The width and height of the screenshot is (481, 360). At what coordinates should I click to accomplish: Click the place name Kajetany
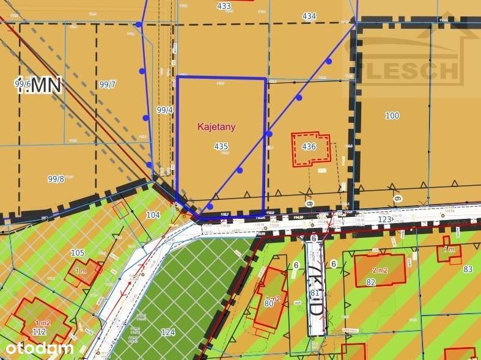(216, 127)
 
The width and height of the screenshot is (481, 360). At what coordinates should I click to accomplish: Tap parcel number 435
(221, 147)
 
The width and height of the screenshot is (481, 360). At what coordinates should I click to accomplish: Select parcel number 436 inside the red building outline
(309, 147)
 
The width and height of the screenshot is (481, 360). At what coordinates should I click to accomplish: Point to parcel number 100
(392, 116)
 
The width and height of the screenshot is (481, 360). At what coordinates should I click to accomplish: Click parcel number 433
(224, 6)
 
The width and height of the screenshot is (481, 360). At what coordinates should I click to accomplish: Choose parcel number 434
(309, 16)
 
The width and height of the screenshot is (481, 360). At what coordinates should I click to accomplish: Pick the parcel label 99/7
(106, 85)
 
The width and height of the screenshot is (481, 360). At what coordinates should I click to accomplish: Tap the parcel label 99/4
(165, 110)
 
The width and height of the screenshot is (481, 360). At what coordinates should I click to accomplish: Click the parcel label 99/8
(56, 178)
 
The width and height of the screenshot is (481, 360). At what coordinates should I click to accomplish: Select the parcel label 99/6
(23, 84)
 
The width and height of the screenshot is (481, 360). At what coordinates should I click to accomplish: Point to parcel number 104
(153, 215)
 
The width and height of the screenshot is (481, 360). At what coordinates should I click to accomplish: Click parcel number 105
(78, 253)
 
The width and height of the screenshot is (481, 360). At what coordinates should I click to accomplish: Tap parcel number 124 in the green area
(167, 332)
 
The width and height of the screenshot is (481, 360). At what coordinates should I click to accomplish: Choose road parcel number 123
(384, 219)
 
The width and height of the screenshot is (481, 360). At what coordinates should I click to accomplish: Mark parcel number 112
(40, 331)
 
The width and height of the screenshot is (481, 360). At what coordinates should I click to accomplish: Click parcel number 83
(468, 269)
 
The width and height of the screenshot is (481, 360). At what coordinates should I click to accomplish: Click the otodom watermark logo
(40, 348)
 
